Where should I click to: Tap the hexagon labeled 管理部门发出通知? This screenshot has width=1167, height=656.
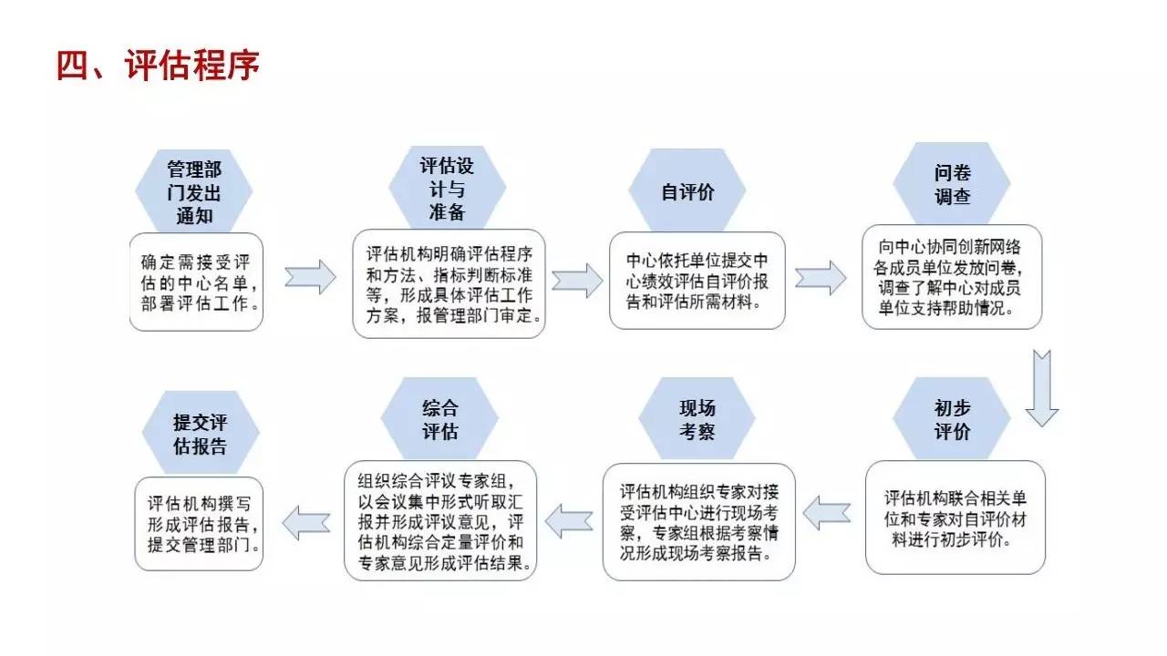pos(193,192)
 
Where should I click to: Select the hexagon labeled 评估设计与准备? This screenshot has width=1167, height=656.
pos(446,188)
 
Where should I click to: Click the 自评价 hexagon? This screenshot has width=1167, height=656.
pos(687,192)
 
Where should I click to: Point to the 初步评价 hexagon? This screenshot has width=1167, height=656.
pos(952,419)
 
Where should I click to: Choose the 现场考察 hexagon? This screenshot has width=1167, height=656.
pos(697,419)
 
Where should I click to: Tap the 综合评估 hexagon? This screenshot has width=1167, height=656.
pos(439,419)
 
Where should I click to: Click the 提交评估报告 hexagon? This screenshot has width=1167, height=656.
pos(201,434)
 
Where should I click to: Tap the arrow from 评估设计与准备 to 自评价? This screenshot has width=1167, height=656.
pos(577,279)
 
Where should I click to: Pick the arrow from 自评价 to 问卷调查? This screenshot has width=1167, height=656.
pos(820,277)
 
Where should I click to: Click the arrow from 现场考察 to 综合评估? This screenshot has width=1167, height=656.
pos(570,520)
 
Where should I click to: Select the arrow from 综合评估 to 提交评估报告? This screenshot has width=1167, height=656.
pos(305,522)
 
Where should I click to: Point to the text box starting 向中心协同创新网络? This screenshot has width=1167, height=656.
pos(952,276)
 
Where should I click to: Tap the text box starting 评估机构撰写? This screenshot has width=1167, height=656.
pos(199,524)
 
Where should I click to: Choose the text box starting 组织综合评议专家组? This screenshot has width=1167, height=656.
pos(440,520)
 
